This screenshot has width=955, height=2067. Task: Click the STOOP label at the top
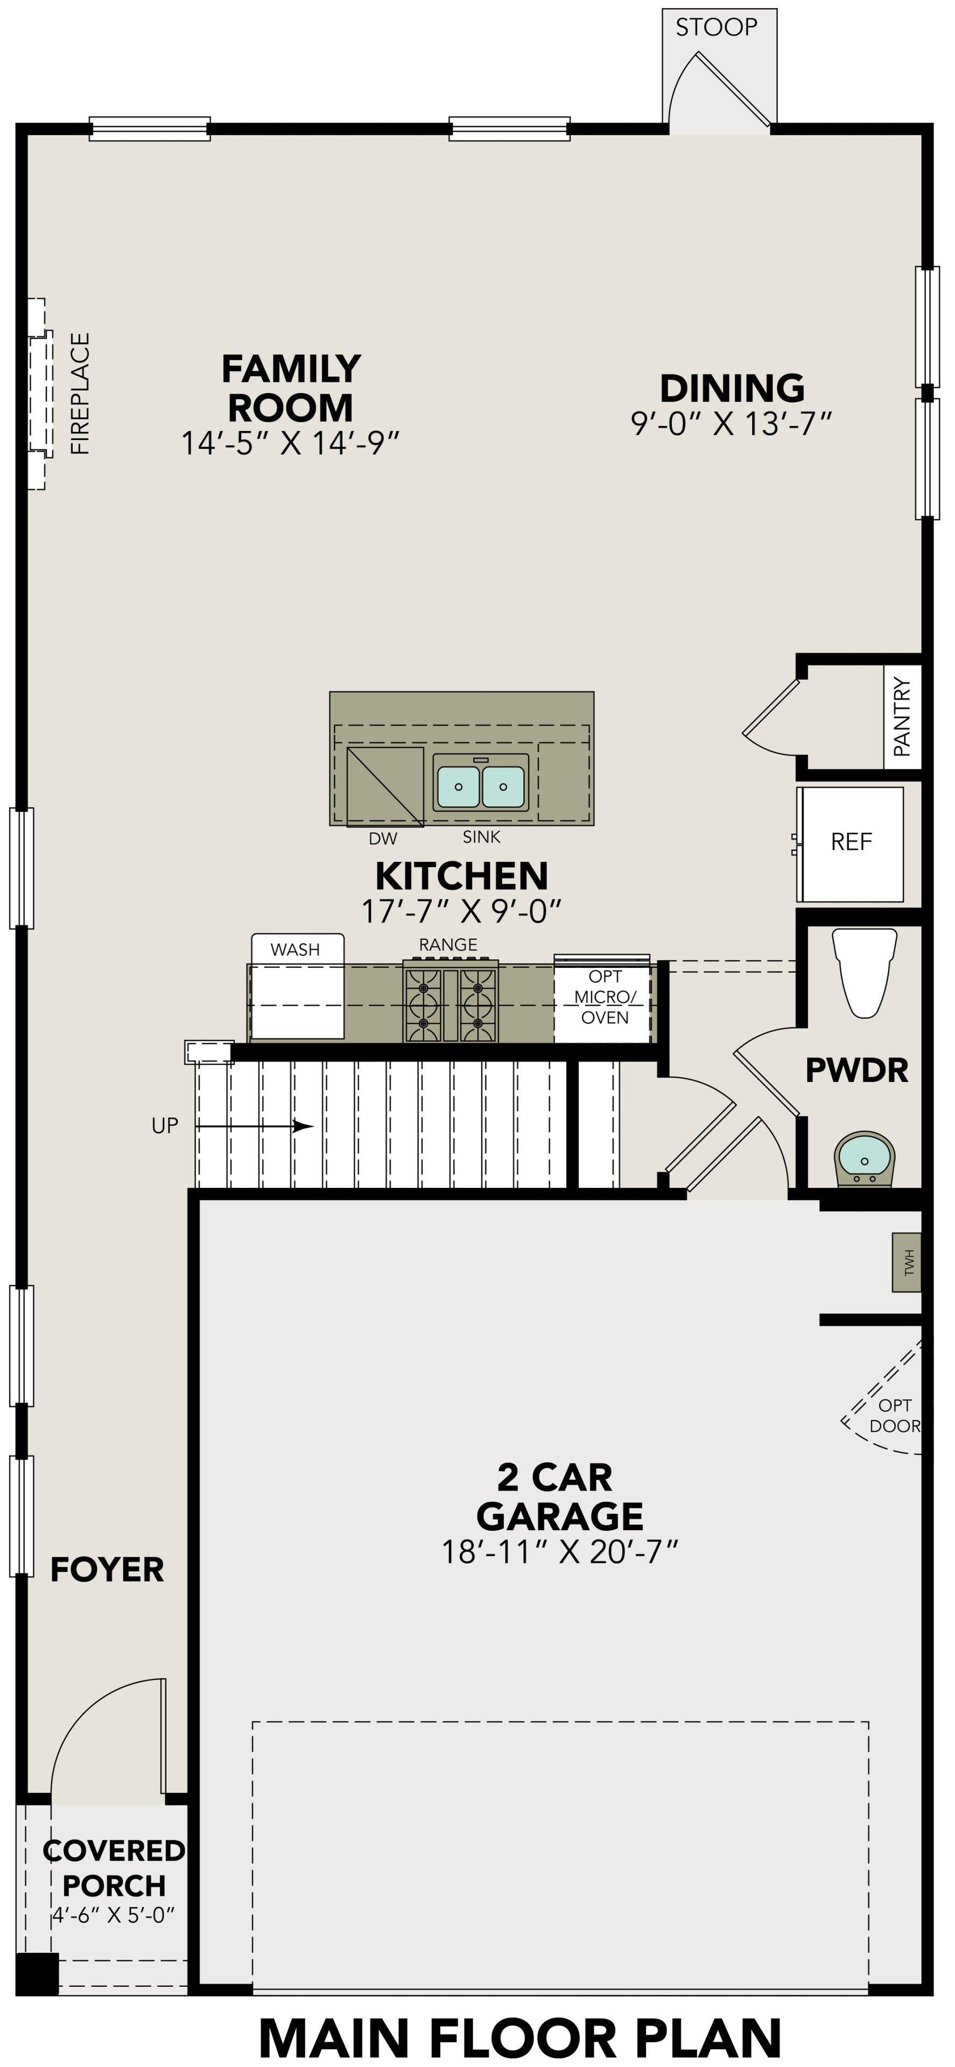(716, 27)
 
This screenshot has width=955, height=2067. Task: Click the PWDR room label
(856, 1071)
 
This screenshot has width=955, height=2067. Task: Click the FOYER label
(107, 1570)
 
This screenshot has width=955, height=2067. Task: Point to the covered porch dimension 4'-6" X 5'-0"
(113, 1915)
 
